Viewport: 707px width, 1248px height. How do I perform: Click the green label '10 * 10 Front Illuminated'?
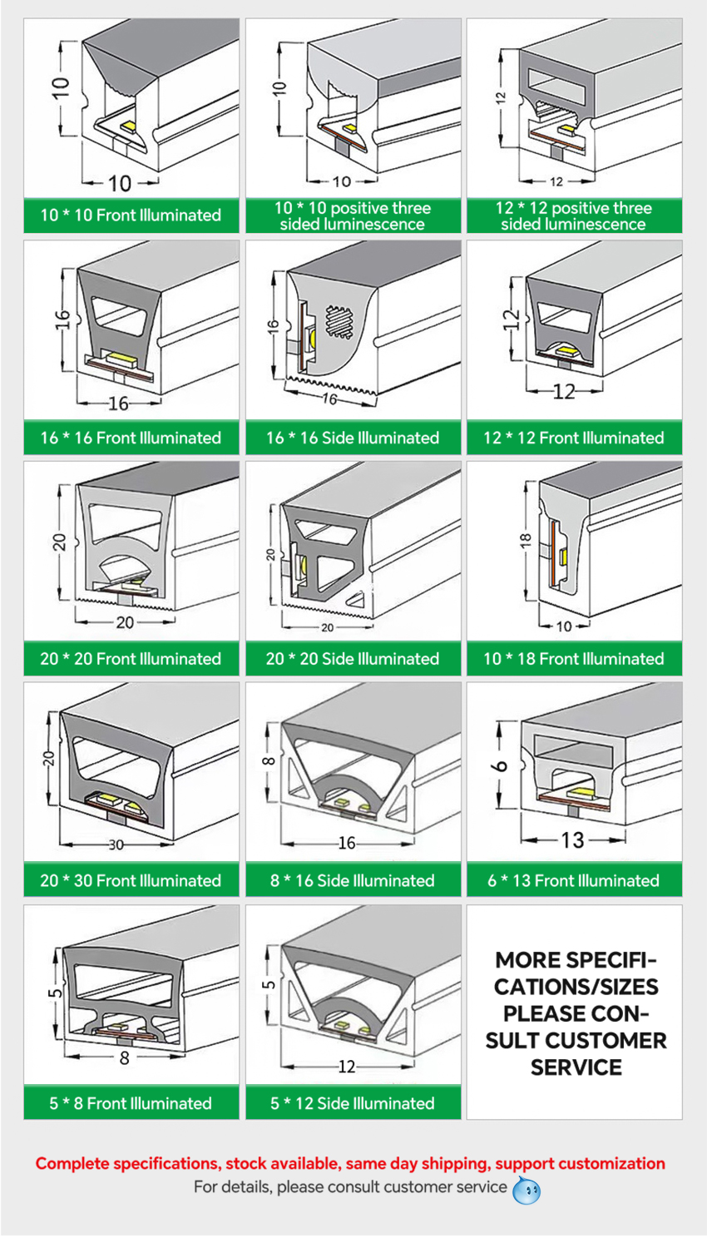click(x=131, y=215)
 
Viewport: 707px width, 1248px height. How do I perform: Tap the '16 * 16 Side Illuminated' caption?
click(x=352, y=438)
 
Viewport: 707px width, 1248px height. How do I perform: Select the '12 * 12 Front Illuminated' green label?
click(x=574, y=438)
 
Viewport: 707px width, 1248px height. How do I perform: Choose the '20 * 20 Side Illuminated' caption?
click(x=352, y=659)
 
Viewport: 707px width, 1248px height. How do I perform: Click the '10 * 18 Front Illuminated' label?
click(x=574, y=659)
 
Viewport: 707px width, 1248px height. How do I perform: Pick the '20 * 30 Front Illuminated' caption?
click(x=131, y=880)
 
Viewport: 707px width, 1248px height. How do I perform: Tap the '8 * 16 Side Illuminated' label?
click(x=352, y=880)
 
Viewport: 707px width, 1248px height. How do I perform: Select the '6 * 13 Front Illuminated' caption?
click(x=574, y=880)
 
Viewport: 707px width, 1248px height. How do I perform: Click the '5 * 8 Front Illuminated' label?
click(x=131, y=1103)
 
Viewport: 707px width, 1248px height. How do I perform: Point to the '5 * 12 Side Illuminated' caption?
click(x=352, y=1103)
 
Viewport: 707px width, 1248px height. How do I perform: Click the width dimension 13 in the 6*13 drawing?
click(x=571, y=840)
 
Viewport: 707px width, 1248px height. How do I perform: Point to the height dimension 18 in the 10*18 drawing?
click(x=525, y=542)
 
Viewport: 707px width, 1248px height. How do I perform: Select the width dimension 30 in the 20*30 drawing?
click(x=116, y=845)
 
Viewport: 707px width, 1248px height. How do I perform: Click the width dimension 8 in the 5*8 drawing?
click(x=125, y=1058)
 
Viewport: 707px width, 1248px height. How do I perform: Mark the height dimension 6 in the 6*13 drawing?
click(x=502, y=765)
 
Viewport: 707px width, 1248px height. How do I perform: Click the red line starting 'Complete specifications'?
click(x=350, y=1163)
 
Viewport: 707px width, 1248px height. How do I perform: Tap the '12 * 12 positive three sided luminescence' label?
click(x=574, y=215)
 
